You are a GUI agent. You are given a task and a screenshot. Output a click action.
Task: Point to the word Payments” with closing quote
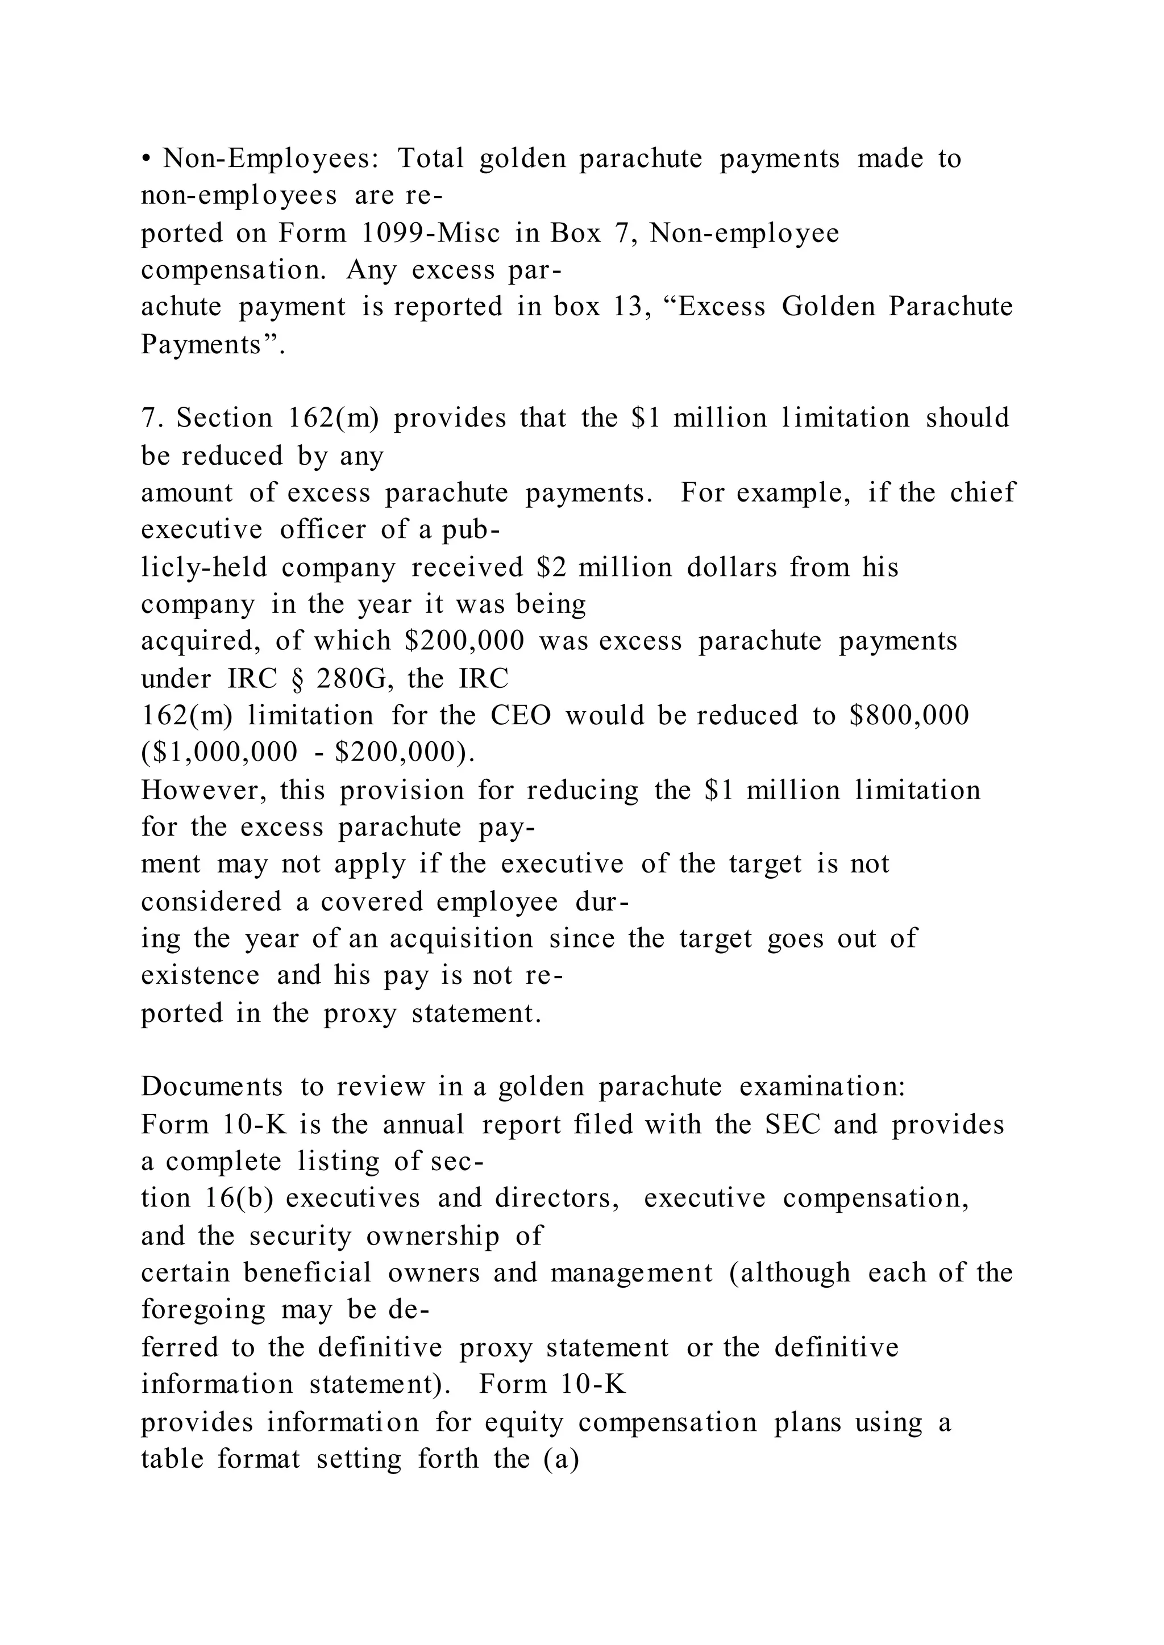(x=213, y=345)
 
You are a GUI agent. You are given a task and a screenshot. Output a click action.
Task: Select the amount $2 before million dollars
(x=551, y=567)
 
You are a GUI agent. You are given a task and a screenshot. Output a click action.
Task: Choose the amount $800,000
(x=909, y=715)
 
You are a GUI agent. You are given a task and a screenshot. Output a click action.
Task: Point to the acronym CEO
(x=521, y=715)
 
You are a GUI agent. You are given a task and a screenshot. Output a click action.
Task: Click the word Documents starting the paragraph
(x=212, y=1087)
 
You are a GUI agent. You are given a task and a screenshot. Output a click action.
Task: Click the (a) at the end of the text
(x=561, y=1459)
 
